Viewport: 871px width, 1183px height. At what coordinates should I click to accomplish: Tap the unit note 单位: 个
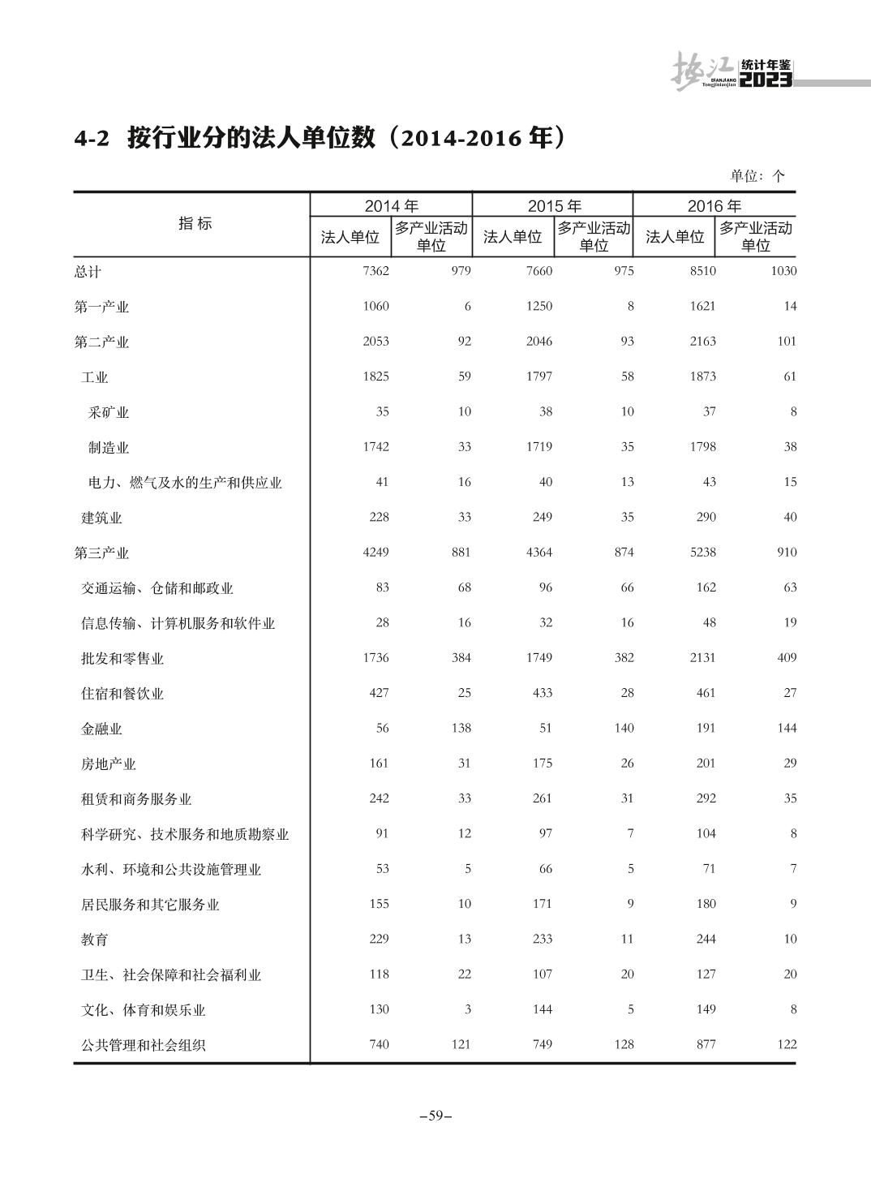tap(757, 176)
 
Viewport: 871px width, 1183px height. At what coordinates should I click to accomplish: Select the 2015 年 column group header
tap(554, 205)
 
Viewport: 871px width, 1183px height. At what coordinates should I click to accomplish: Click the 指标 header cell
tap(195, 224)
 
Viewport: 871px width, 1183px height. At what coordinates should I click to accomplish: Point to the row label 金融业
tap(101, 729)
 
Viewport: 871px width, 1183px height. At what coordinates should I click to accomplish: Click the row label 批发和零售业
tap(122, 659)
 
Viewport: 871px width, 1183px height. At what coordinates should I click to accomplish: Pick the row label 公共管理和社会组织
tap(144, 1045)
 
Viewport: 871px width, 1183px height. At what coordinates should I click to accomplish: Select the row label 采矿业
tap(109, 412)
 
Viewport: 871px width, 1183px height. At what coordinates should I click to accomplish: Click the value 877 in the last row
tap(706, 1044)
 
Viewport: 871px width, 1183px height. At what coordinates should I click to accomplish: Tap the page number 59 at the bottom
tap(435, 1116)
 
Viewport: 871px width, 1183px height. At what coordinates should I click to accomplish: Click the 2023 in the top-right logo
tap(766, 80)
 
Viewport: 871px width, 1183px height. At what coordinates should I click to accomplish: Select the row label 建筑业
tap(101, 518)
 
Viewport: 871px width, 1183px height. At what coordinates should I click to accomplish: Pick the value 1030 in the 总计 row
tap(783, 271)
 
